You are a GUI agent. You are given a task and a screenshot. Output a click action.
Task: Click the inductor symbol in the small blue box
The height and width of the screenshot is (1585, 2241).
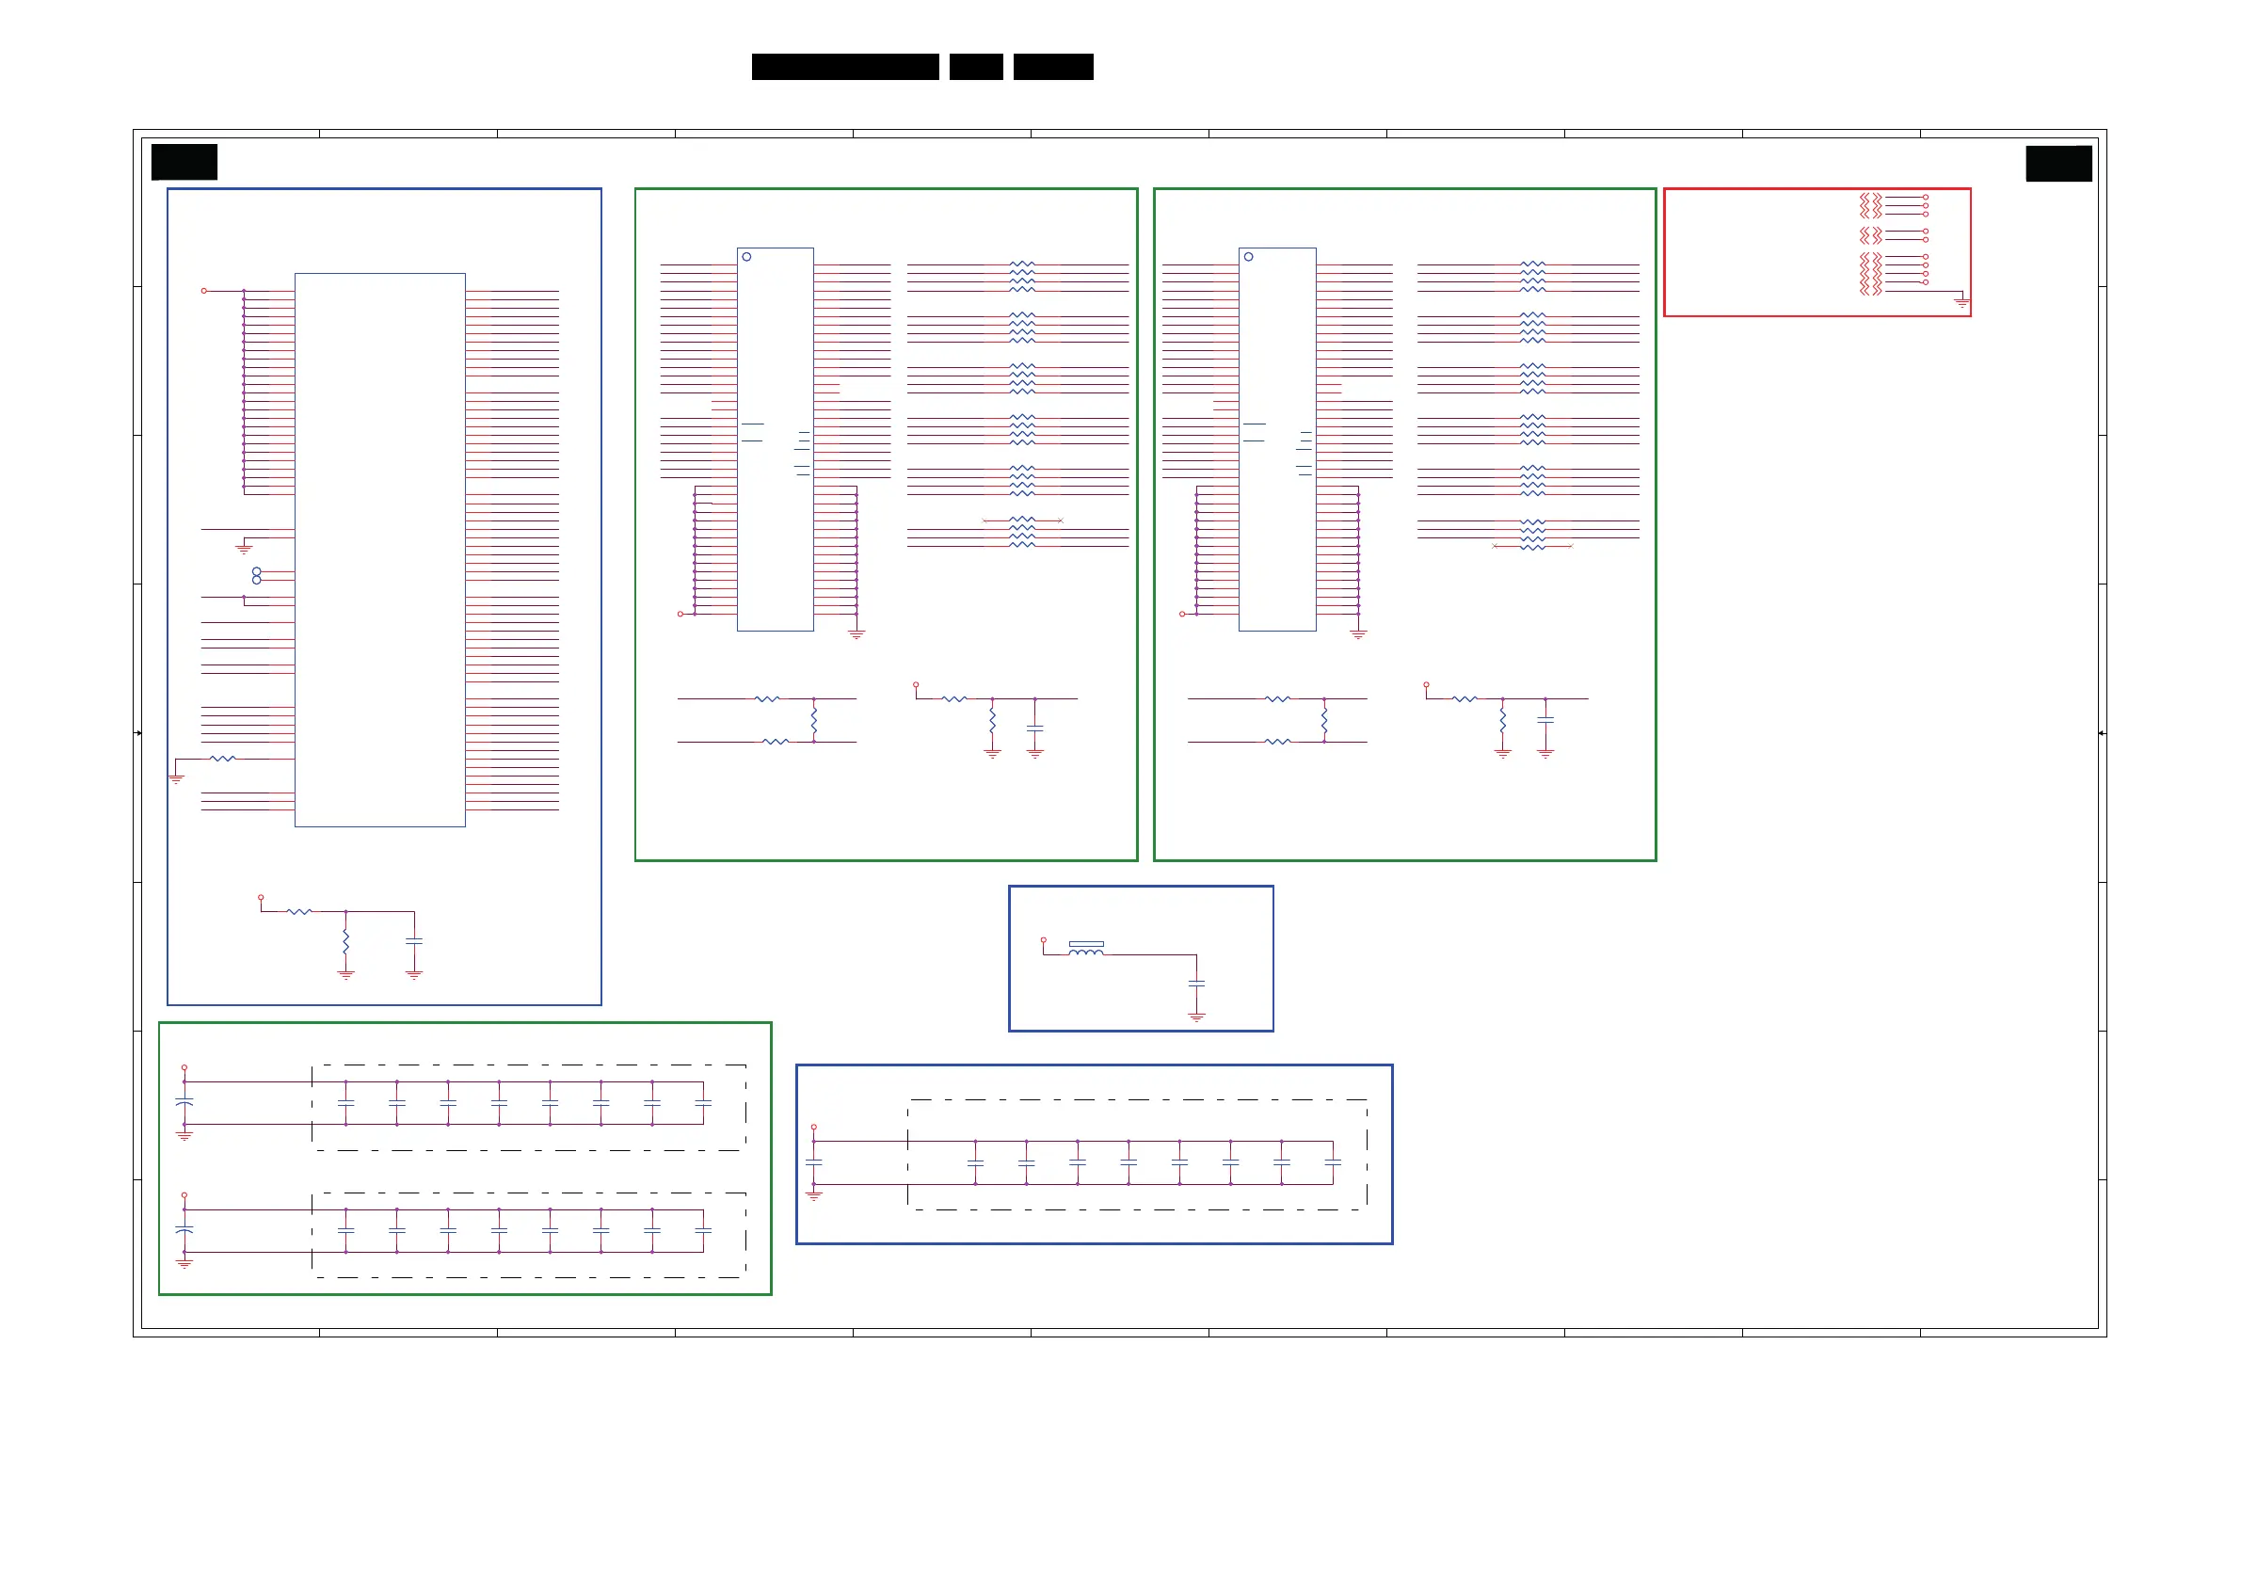coord(1085,951)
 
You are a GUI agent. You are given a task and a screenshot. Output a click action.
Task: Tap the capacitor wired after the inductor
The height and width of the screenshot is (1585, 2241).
coord(1196,984)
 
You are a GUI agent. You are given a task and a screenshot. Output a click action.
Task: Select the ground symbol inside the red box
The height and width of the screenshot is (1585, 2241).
coord(1961,303)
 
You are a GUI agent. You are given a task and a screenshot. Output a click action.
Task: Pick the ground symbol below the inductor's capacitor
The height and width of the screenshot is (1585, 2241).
coord(1196,1017)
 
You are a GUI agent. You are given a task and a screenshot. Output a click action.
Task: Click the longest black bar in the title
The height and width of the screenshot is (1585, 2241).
coord(845,67)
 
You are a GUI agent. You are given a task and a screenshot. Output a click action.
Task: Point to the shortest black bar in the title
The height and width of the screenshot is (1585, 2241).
coord(976,67)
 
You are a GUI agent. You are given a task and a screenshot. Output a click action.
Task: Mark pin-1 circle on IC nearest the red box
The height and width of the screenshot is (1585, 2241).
coord(1248,257)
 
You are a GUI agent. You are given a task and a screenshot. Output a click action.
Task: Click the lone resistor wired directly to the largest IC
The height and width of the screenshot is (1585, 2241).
coord(222,759)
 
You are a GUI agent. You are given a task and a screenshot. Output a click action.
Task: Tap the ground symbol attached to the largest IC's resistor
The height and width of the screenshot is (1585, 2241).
coord(177,777)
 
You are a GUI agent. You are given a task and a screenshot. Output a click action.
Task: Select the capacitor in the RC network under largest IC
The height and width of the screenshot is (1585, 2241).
coord(414,941)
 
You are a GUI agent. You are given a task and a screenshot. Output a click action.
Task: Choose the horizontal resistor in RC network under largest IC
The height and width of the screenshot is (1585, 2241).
coord(299,912)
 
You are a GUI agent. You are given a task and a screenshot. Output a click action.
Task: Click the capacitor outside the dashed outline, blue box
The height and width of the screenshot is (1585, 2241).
coord(814,1162)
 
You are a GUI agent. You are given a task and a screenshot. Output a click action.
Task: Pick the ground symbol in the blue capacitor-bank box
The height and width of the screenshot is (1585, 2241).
coord(814,1195)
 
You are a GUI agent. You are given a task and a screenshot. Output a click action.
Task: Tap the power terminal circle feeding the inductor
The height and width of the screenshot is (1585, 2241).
coord(1044,940)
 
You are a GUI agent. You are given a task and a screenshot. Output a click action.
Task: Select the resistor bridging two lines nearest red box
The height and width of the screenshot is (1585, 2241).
coord(1324,721)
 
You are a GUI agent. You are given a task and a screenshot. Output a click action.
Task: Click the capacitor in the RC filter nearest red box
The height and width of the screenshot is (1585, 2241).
coord(1545,721)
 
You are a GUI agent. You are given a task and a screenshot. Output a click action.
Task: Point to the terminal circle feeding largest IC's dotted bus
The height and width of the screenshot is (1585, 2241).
coord(204,291)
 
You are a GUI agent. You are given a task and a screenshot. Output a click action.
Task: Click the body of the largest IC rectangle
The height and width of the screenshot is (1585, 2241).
coord(379,550)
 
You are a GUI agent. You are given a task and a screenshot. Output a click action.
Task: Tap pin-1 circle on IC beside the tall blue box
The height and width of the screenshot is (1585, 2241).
coord(746,257)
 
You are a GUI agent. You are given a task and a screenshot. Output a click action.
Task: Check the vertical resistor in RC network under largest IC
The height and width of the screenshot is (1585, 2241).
coord(345,941)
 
